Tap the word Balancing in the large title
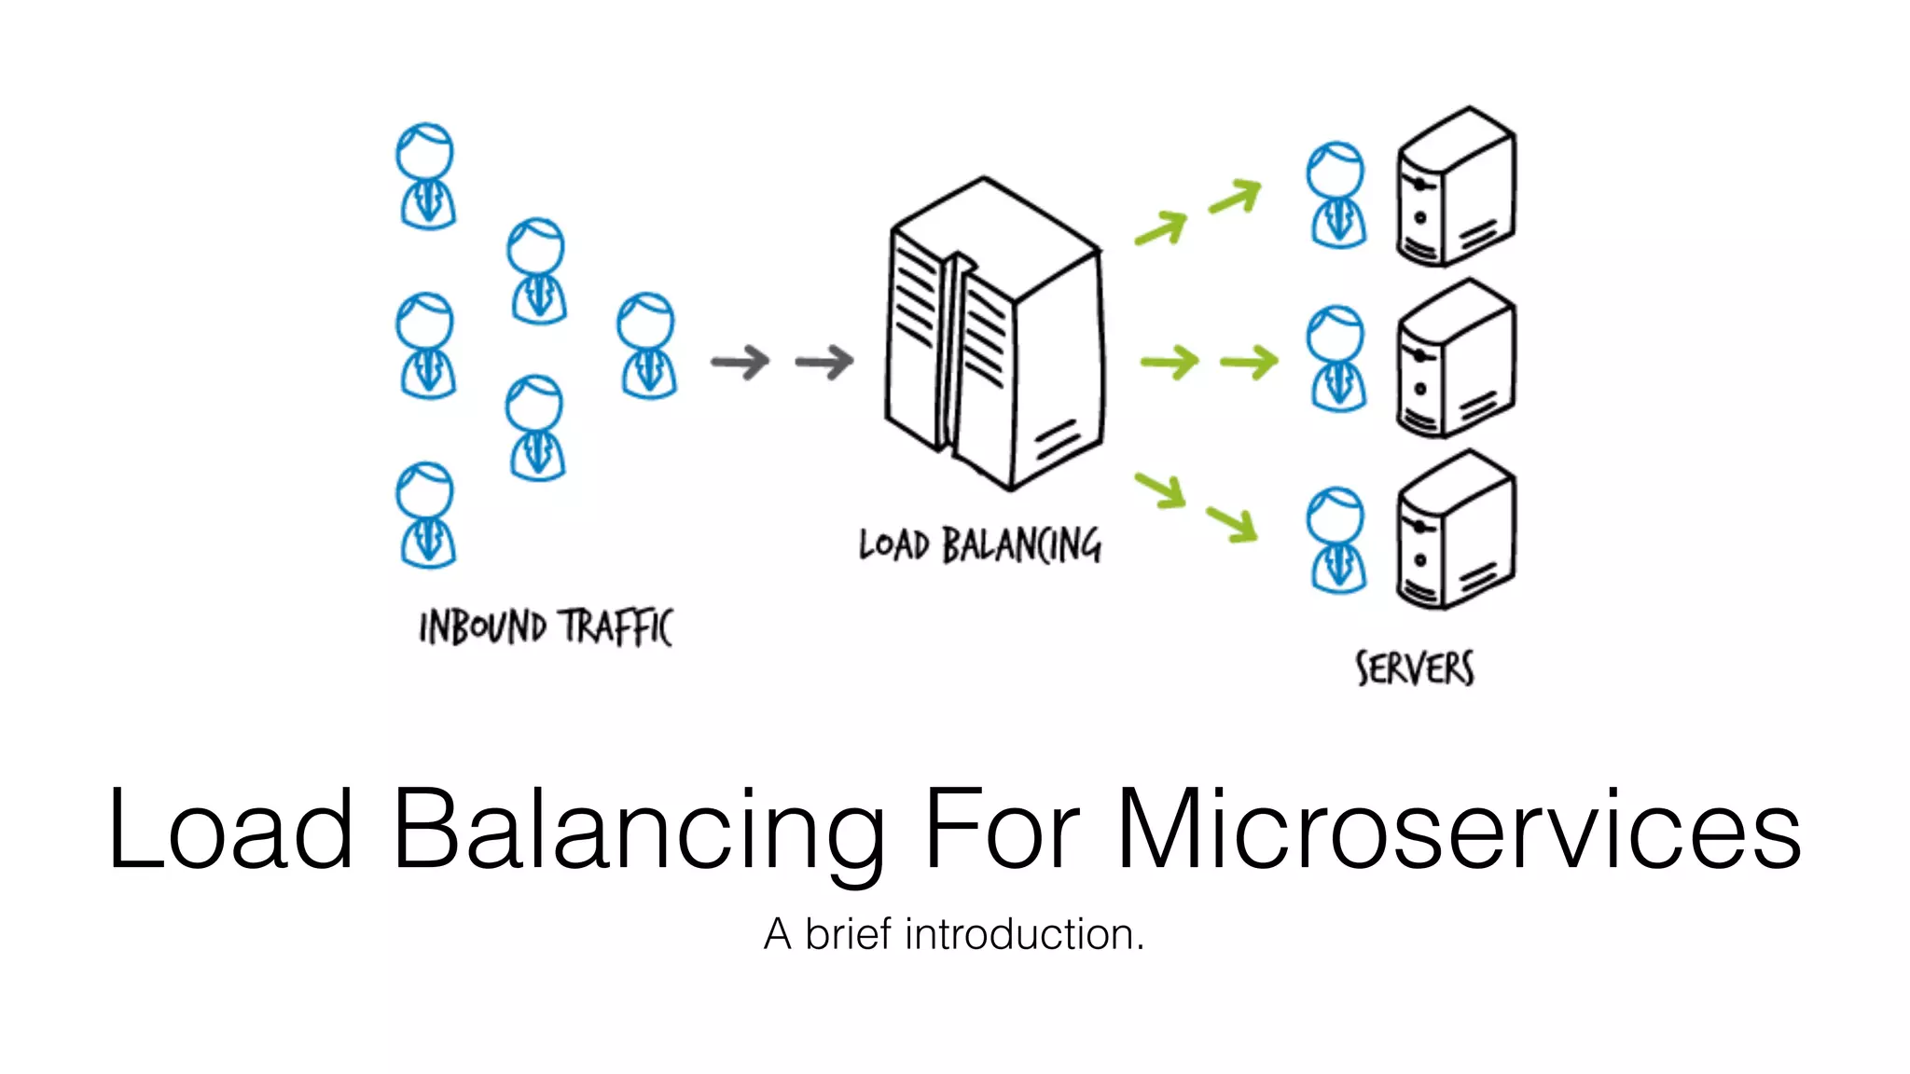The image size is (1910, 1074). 638,829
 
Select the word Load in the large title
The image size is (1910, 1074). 230,829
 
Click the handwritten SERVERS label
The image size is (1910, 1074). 1414,669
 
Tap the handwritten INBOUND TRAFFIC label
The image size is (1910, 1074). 546,626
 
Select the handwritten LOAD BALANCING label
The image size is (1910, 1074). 979,545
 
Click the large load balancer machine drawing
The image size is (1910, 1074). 994,336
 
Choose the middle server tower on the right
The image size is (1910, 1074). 1455,360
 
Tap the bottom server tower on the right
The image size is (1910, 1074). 1455,531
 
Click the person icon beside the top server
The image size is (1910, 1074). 1336,195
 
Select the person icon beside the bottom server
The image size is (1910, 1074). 1336,540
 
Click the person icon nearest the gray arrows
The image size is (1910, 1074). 647,346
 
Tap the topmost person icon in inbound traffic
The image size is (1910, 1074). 426,176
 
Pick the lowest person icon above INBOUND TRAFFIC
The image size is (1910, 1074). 426,515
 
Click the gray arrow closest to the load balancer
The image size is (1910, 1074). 824,362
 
